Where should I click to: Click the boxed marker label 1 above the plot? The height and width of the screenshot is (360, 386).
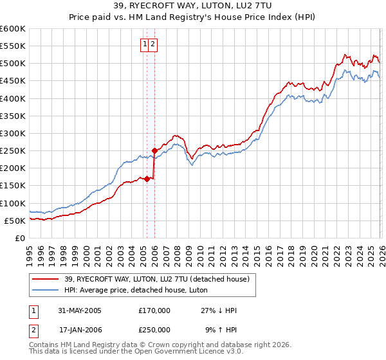145,44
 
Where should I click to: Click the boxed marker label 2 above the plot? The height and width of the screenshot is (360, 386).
154,44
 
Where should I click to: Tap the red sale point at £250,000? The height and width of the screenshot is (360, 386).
154,150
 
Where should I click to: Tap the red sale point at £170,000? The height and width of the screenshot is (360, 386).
147,179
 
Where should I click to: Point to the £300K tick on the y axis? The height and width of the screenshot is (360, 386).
13,133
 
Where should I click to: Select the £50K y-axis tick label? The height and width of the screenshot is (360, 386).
15,221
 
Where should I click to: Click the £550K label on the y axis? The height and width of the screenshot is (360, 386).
13,46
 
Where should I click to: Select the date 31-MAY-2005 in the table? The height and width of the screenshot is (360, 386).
80,310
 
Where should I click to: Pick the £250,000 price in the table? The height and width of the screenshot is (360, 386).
154,330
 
